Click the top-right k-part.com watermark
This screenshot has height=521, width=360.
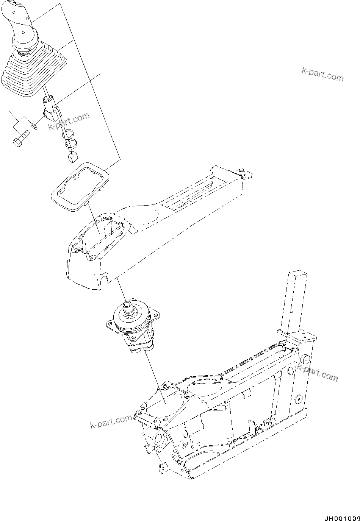(322, 74)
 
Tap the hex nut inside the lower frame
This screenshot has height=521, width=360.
(184, 445)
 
